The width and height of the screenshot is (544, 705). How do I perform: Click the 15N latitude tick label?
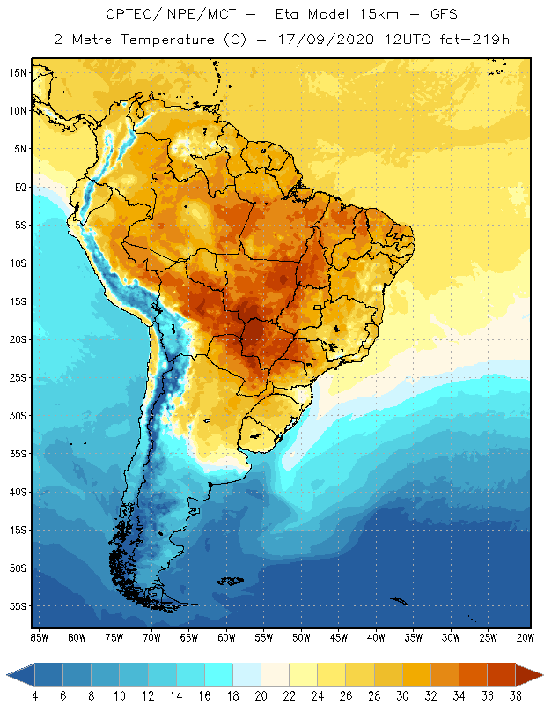click(x=18, y=72)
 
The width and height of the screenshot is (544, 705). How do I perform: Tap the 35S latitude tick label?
click(x=18, y=454)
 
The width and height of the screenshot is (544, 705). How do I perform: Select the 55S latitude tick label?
click(x=18, y=606)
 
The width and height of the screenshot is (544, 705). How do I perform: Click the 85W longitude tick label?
click(x=39, y=637)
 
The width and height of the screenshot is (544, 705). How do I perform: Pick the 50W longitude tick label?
click(x=301, y=637)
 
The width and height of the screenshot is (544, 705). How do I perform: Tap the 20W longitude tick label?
click(x=525, y=637)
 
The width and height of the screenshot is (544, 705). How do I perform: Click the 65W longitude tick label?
click(x=188, y=637)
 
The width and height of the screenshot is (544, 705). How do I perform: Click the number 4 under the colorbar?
click(x=34, y=696)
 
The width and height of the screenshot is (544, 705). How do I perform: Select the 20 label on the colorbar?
click(x=261, y=696)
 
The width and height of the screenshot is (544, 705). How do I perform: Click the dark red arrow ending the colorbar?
click(x=530, y=676)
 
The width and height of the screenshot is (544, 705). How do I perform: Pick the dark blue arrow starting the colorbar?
click(x=20, y=676)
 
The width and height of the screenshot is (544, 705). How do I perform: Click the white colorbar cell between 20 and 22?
click(x=274, y=676)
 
